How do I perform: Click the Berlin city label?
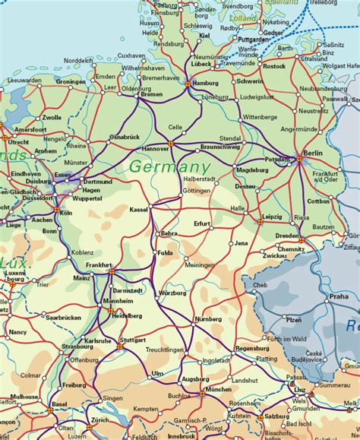click(x=313, y=154)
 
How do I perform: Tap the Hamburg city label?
click(x=204, y=83)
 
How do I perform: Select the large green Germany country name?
click(x=169, y=166)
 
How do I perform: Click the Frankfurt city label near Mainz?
click(x=98, y=264)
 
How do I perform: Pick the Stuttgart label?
click(x=133, y=340)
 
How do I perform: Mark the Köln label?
click(x=65, y=213)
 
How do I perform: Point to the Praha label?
click(x=338, y=296)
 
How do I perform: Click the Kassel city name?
click(x=139, y=208)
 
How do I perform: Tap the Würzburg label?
click(x=172, y=293)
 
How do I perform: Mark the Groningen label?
click(x=70, y=81)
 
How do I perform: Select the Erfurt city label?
click(x=201, y=223)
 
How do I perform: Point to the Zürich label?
click(x=99, y=419)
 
